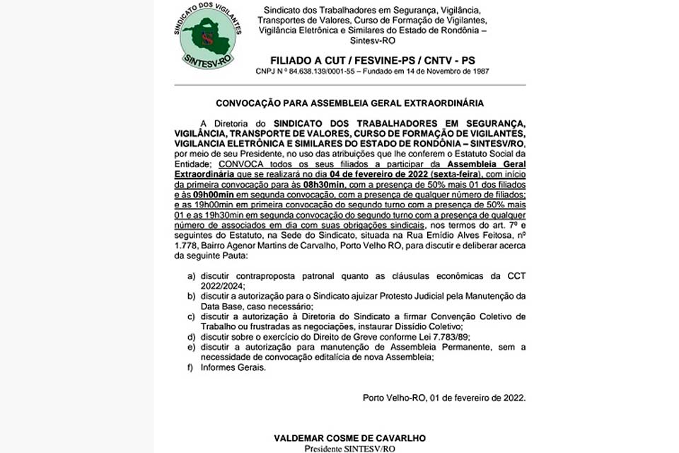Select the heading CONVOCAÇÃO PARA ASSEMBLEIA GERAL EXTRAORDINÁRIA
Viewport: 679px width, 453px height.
pyautogui.click(x=349, y=103)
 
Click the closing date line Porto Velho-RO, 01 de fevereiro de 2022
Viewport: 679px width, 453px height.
pyautogui.click(x=444, y=397)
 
